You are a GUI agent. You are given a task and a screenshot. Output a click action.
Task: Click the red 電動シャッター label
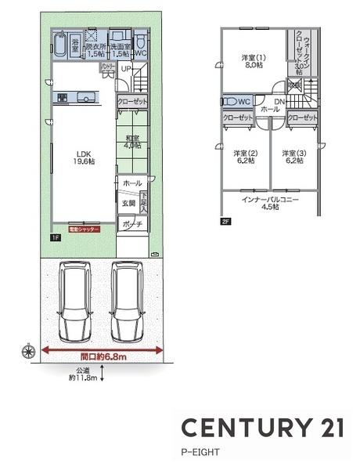(84, 231)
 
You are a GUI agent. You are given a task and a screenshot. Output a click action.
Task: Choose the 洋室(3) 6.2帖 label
(293, 157)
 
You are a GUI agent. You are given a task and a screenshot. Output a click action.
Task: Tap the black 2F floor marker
(225, 222)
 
